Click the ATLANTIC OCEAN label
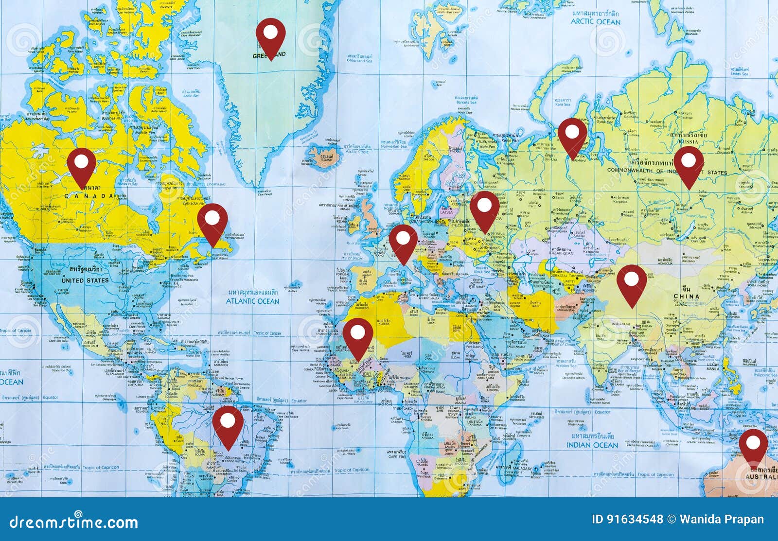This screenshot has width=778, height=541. [252, 301]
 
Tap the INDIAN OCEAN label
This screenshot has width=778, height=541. [592, 445]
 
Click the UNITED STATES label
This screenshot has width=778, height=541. [85, 280]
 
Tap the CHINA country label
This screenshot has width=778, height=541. [686, 297]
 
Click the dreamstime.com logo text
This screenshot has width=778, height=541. [74, 523]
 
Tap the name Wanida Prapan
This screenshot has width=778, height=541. [722, 519]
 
